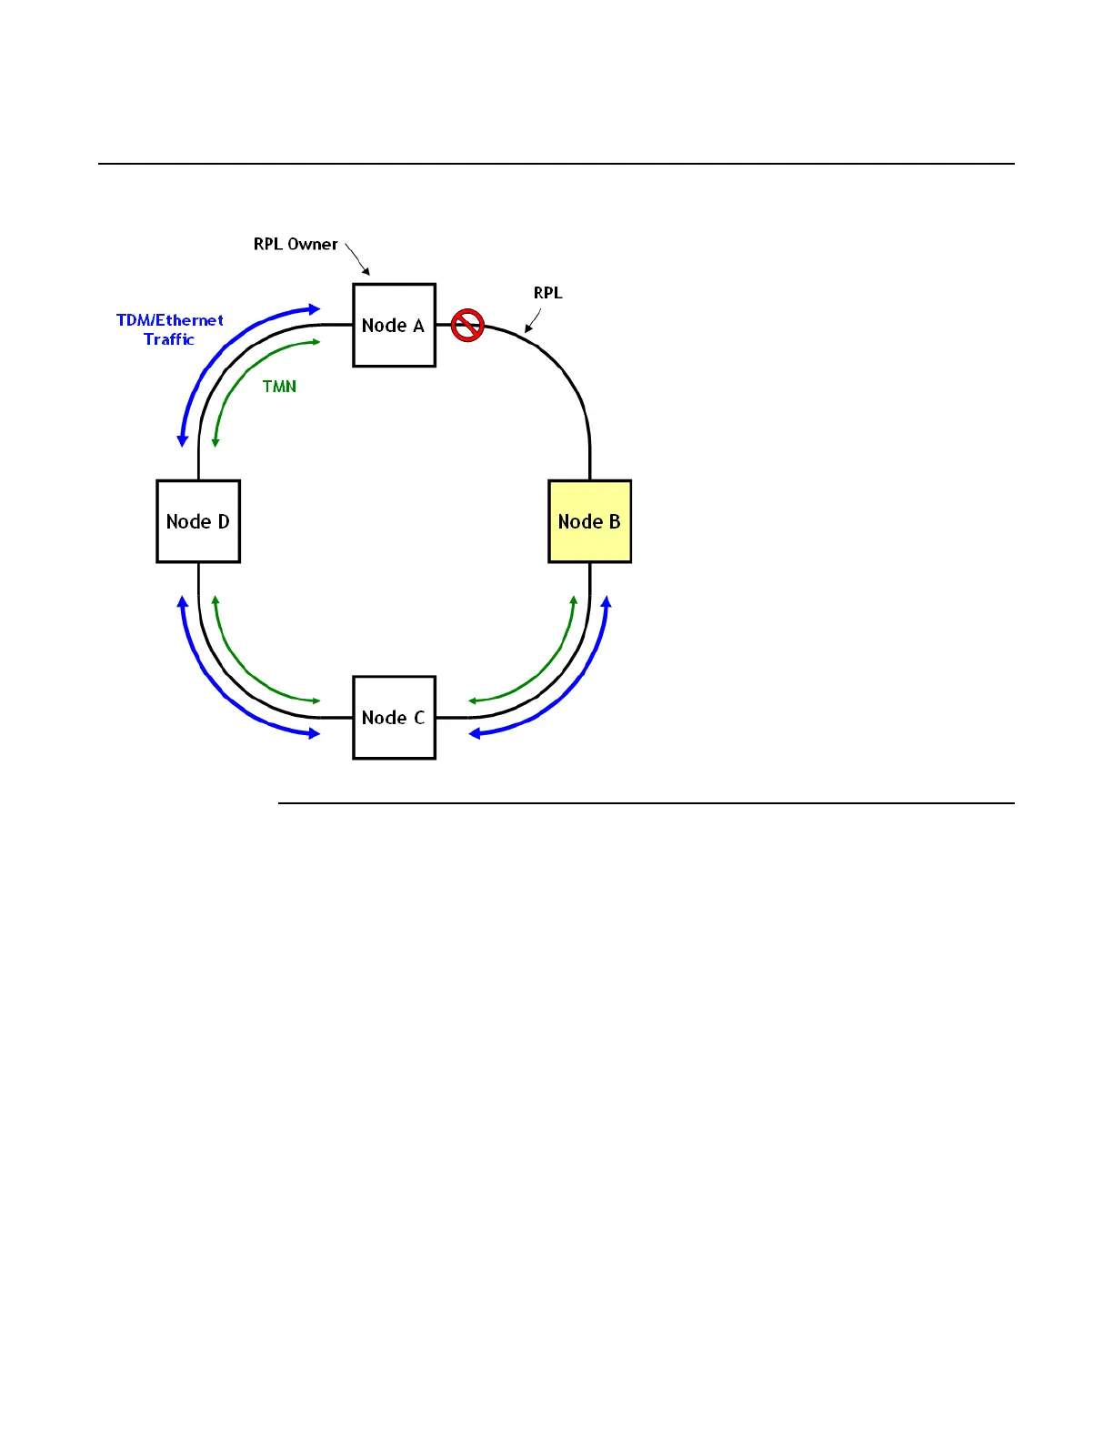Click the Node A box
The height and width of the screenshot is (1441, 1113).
(394, 325)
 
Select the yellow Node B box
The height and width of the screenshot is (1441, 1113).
(589, 521)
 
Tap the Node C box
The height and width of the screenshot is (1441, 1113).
(394, 717)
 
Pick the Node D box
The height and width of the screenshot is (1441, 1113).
(198, 521)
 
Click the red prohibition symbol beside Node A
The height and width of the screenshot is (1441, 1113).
(467, 325)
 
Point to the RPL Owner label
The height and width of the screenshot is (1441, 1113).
(296, 244)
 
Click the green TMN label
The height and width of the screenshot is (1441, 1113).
(279, 387)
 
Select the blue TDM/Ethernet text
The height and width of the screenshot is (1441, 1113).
(170, 320)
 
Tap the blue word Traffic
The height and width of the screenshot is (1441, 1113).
(169, 339)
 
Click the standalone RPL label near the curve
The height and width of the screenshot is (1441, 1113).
(547, 293)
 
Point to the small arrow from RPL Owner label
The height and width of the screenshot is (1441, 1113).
(357, 259)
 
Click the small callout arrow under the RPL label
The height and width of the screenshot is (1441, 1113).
(534, 321)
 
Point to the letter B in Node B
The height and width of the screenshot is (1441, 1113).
(615, 521)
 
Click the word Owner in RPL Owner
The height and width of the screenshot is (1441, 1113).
(313, 244)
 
